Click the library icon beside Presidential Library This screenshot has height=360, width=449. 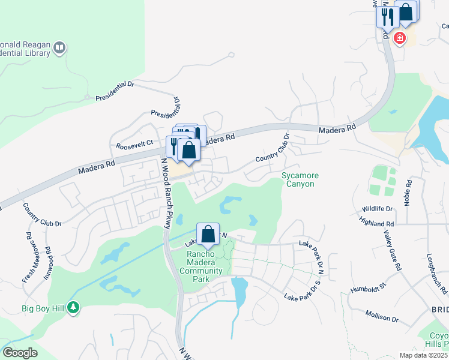click(x=59, y=47)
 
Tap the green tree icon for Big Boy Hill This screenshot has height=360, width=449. click(x=73, y=308)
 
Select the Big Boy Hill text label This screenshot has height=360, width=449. click(x=44, y=309)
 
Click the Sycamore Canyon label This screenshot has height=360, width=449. click(x=300, y=179)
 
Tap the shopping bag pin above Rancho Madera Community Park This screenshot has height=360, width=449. click(x=208, y=235)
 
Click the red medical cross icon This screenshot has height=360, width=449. click(x=399, y=38)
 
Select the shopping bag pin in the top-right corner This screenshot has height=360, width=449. click(x=406, y=13)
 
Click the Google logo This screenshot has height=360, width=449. click(x=20, y=353)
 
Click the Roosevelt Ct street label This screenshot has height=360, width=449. click(x=135, y=146)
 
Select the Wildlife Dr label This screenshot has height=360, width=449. click(x=377, y=209)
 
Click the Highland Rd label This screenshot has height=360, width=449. click(x=370, y=223)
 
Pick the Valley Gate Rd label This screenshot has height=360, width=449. click(x=391, y=250)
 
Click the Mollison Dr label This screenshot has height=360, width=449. click(x=381, y=316)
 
